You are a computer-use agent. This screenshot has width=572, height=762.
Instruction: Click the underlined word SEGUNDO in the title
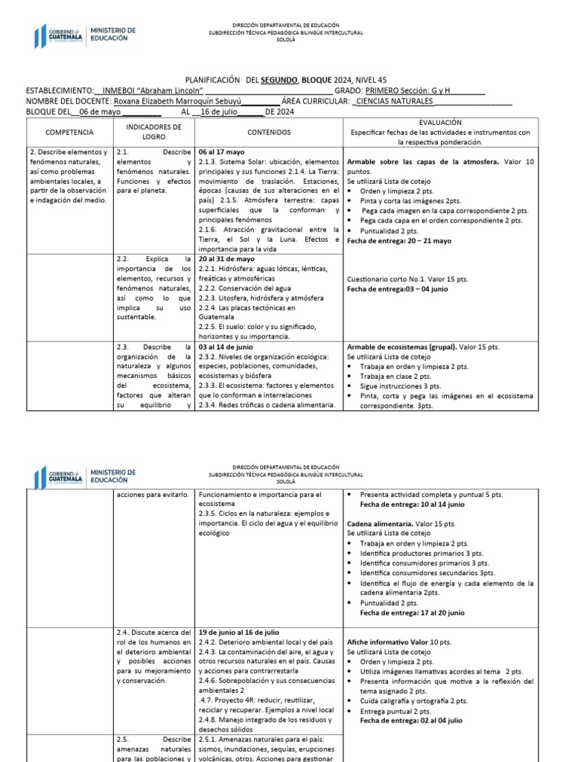tap(279, 78)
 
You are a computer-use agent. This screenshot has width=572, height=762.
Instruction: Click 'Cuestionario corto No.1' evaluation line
tap(407, 279)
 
